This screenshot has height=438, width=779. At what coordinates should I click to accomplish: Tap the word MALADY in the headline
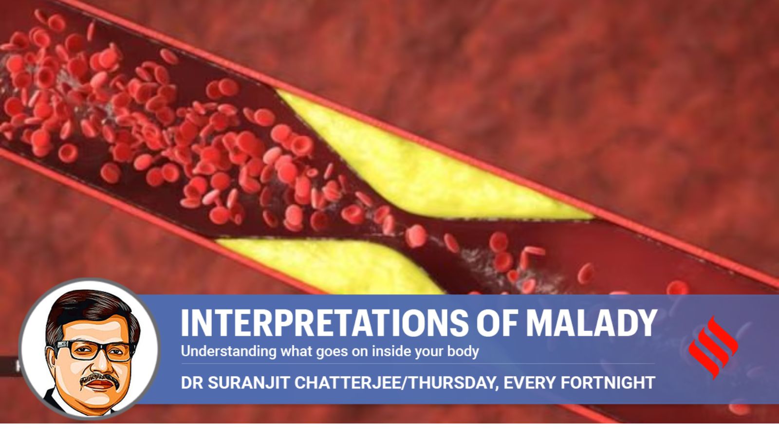coord(591,323)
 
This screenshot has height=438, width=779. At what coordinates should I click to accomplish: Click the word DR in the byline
coord(192,383)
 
